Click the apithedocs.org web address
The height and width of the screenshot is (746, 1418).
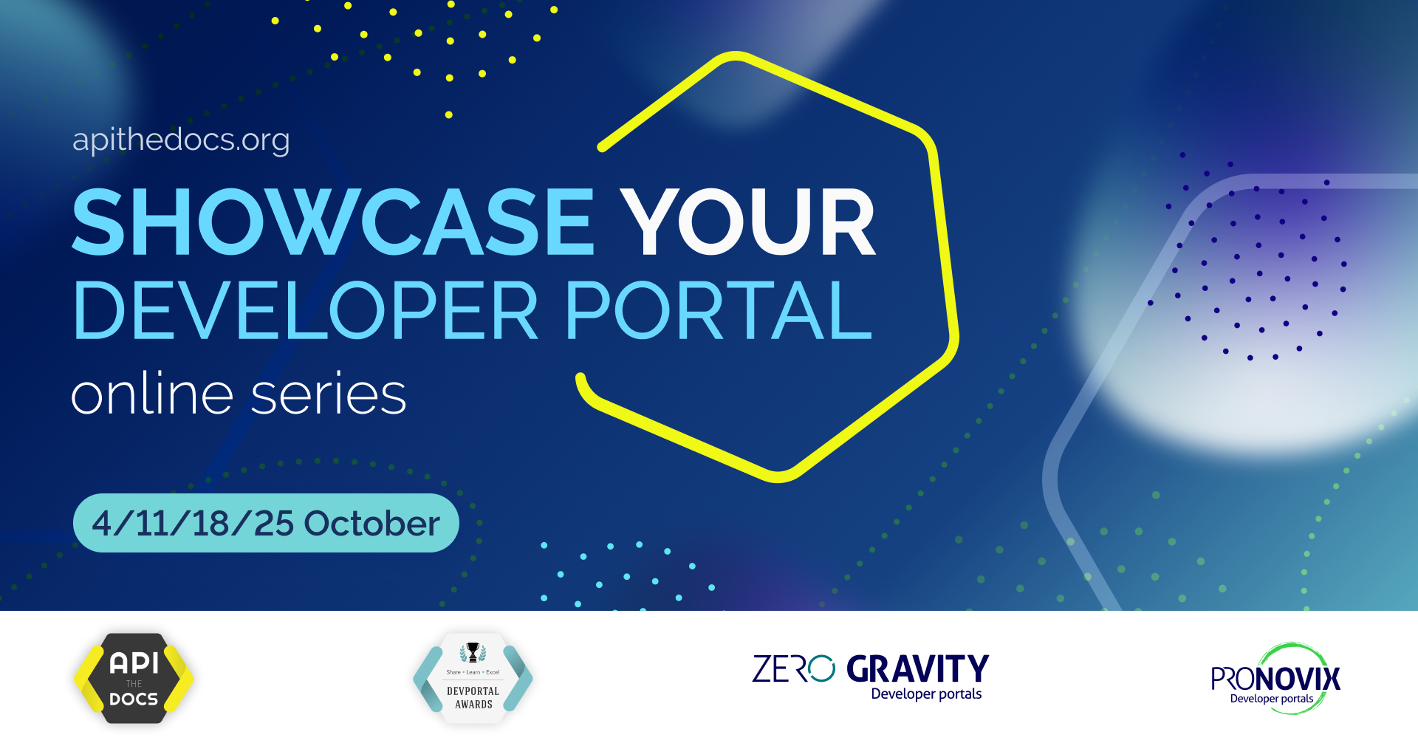click(x=181, y=140)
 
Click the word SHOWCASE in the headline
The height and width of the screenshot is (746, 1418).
click(x=332, y=222)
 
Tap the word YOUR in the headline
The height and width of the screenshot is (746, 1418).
click(x=747, y=222)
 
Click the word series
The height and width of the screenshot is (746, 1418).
click(x=329, y=395)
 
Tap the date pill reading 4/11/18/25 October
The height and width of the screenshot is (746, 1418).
click(x=266, y=523)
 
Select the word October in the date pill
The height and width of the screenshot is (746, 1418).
click(x=371, y=523)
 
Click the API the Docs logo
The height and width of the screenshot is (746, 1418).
click(x=134, y=678)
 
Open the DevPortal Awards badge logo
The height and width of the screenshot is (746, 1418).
click(x=473, y=678)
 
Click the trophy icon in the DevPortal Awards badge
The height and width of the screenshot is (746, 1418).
click(x=473, y=651)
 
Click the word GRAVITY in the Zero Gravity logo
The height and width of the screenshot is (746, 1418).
click(x=917, y=669)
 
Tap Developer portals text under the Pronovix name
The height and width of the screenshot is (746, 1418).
click(x=1271, y=699)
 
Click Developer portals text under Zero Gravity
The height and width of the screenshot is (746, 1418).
click(x=926, y=694)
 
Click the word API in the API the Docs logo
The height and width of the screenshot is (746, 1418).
click(x=134, y=663)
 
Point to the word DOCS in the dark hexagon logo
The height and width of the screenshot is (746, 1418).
click(x=134, y=699)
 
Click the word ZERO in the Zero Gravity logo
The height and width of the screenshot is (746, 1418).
click(x=793, y=669)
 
